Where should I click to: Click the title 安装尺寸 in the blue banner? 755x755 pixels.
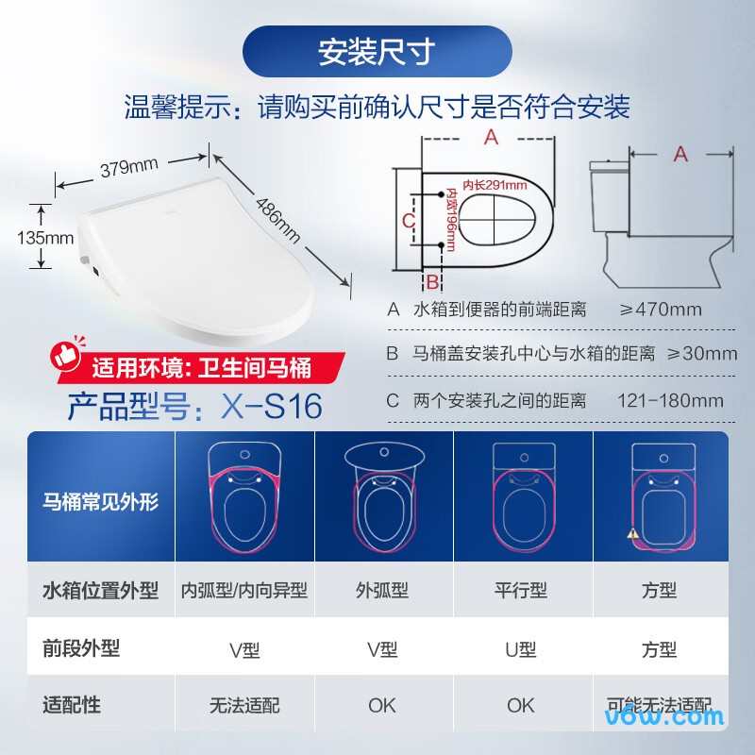click(377, 52)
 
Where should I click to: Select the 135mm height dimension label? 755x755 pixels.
click(45, 238)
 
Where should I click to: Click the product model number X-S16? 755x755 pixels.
click(272, 405)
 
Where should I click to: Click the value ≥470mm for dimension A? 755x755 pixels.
click(661, 310)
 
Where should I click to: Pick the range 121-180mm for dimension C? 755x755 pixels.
click(670, 400)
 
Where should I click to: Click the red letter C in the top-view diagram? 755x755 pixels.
click(408, 220)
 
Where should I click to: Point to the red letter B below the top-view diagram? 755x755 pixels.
click(432, 281)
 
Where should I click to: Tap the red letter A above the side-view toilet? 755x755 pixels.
click(680, 154)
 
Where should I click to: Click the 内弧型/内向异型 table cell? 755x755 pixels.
click(244, 591)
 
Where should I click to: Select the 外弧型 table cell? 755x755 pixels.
click(382, 591)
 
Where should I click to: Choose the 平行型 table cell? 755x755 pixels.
click(521, 591)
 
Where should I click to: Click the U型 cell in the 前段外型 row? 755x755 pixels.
click(521, 649)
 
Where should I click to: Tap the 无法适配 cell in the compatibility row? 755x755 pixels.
click(244, 705)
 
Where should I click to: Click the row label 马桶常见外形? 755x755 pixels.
click(101, 501)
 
